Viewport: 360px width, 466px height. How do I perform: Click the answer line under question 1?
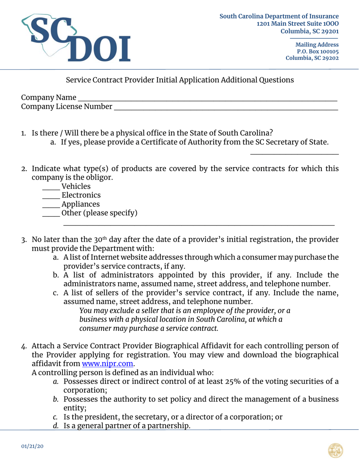click(294, 153)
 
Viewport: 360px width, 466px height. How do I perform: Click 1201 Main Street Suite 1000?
click(297, 23)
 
